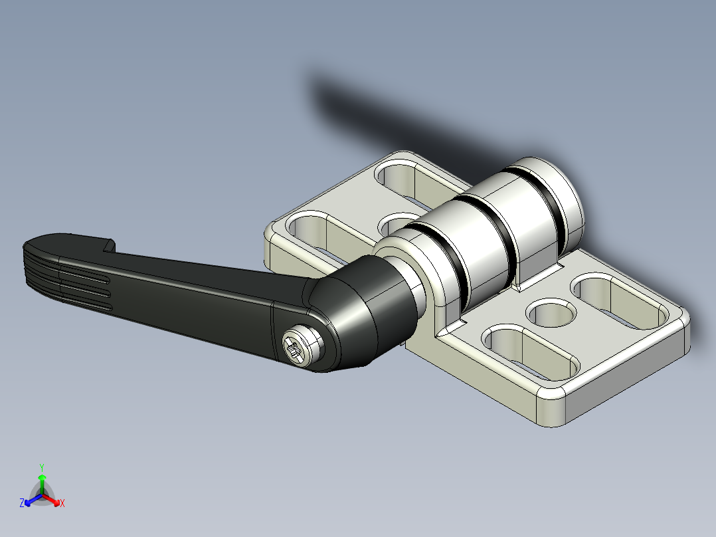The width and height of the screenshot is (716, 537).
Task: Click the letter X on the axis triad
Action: pos(62,504)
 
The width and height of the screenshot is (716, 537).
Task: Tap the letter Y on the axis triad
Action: pos(41,467)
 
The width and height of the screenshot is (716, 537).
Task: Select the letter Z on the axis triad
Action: pos(22,504)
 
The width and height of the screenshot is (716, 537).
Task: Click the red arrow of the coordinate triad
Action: pos(54,500)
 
